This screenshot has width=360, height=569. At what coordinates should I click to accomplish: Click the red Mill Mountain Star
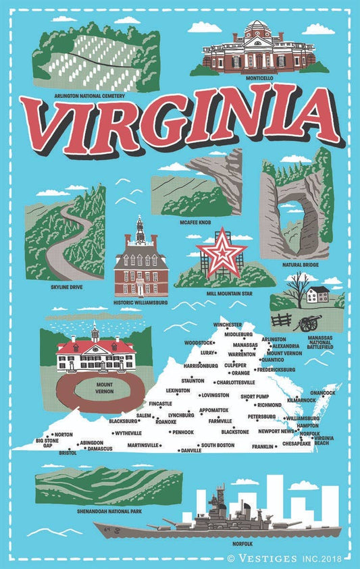click(x=221, y=253)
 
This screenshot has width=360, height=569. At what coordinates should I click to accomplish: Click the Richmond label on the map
click(x=269, y=405)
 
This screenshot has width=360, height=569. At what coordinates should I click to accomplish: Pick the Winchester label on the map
click(x=227, y=325)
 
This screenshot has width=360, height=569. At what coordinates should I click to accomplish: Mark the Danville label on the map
click(x=191, y=450)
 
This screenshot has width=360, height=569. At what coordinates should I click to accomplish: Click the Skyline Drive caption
click(x=67, y=286)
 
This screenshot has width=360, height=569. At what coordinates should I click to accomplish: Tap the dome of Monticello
click(x=255, y=27)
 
